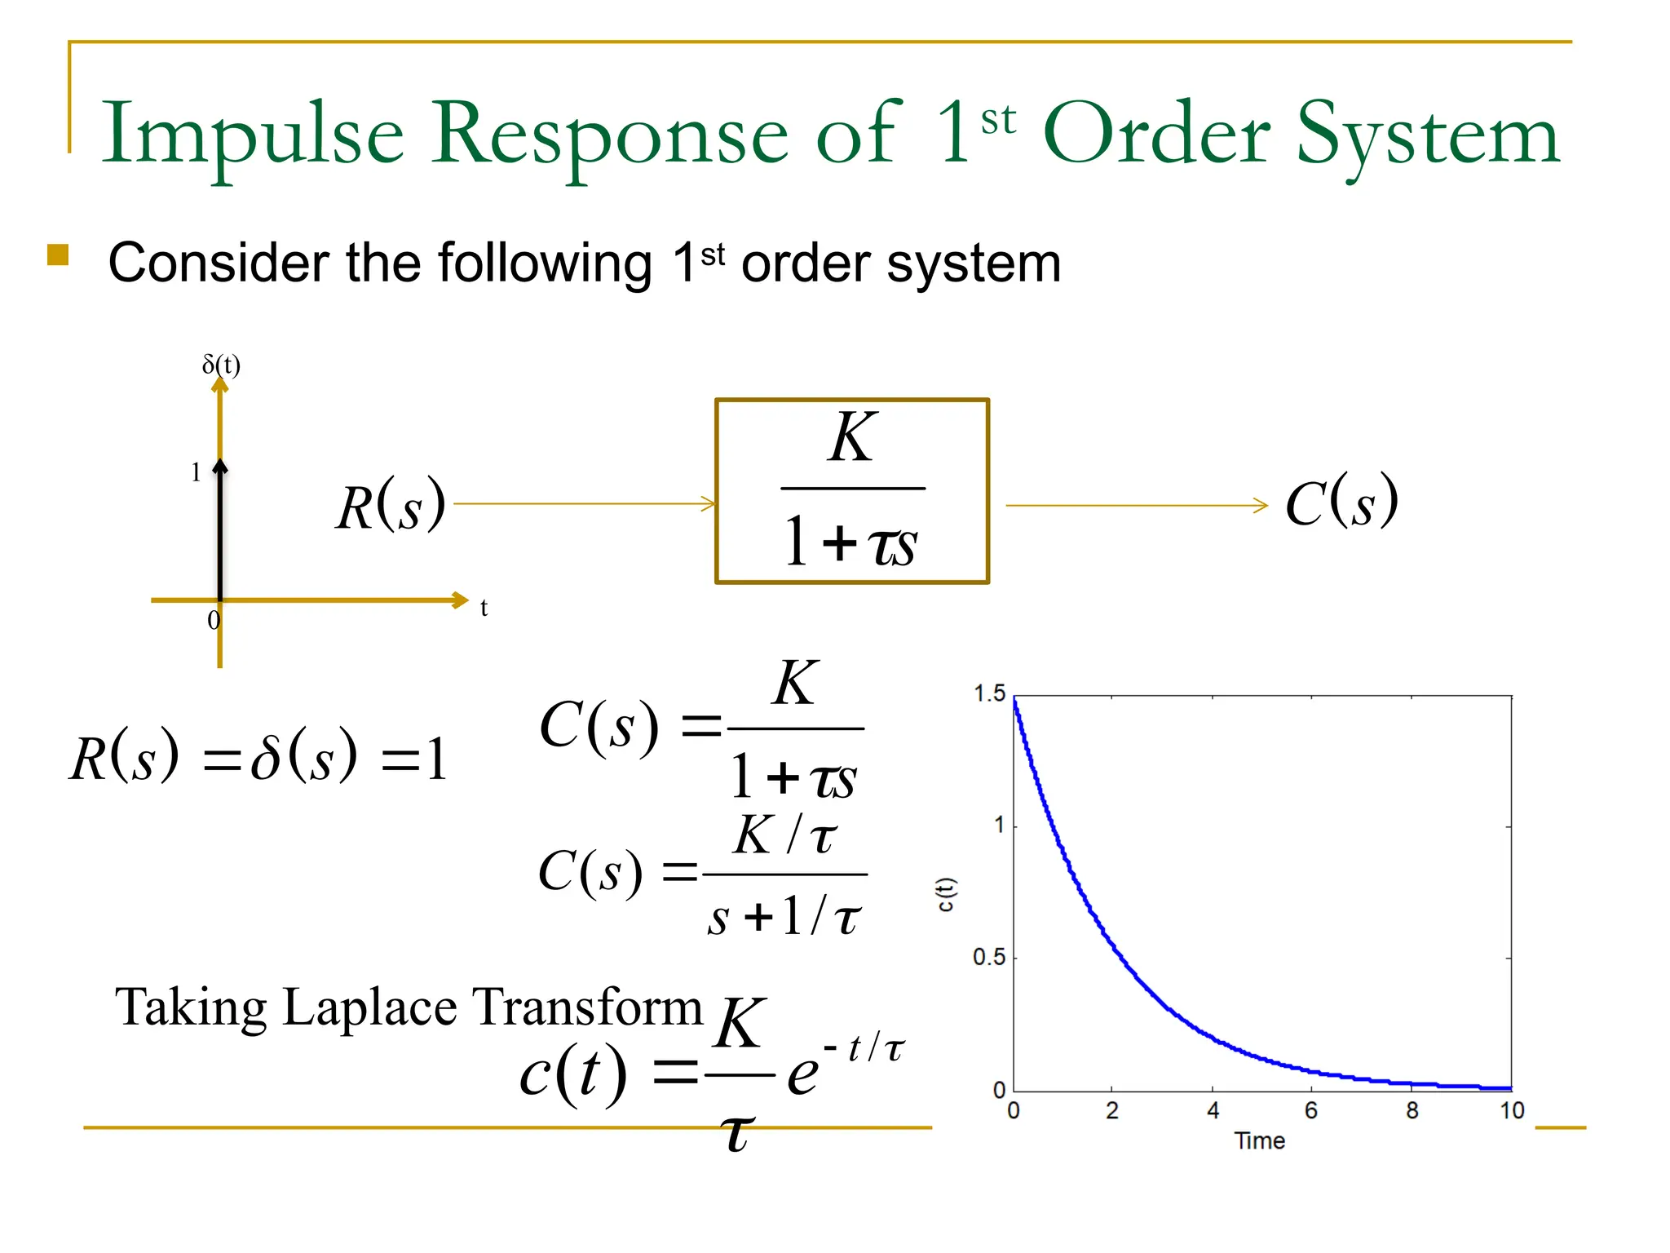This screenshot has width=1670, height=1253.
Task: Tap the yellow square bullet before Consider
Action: coord(58,255)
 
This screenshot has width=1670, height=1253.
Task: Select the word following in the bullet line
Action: coord(545,264)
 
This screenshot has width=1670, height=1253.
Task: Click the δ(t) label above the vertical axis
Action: coord(221,364)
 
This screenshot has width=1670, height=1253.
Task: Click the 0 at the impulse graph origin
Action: coord(214,621)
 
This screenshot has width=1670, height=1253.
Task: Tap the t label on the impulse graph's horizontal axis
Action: coord(484,608)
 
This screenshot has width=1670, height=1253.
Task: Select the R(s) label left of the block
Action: coord(391,506)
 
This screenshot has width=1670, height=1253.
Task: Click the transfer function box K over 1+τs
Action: coord(852,491)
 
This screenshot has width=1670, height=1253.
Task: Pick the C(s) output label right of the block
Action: coord(1341,502)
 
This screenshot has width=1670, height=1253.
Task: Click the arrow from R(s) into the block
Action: coord(584,504)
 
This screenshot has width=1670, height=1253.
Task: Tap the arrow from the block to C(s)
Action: coord(1137,506)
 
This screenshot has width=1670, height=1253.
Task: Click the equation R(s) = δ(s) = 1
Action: coord(258,757)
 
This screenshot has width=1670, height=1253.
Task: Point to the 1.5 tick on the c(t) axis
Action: coord(989,694)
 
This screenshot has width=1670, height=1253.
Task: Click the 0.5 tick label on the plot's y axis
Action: coord(988,957)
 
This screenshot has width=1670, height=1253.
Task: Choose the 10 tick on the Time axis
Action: coord(1512,1110)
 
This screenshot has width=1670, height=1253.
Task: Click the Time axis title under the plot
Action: coord(1259,1140)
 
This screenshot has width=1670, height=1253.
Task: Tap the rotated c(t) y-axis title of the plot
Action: coord(944,894)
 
